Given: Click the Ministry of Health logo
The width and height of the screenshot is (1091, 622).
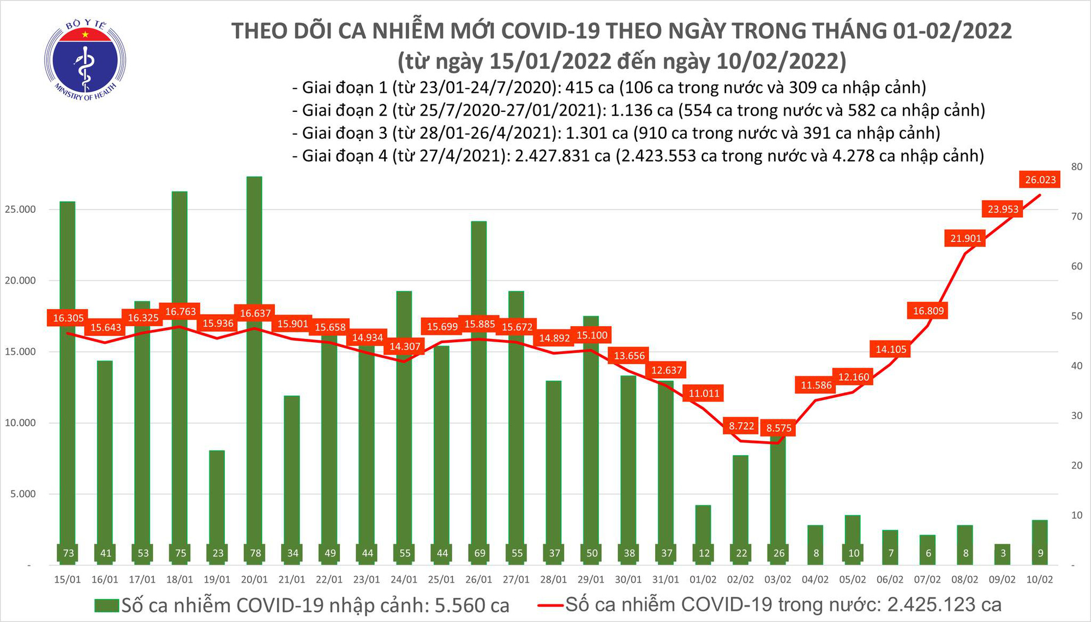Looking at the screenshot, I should [85, 60].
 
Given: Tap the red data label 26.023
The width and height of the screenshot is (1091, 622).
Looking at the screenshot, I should [1040, 180].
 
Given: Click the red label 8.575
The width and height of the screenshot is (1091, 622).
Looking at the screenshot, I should [778, 428].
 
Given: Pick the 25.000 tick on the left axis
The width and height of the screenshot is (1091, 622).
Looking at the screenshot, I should [20, 210].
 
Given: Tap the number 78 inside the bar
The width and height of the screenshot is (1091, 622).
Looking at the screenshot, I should [255, 553].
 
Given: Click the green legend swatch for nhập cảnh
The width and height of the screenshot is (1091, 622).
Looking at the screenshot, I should [106, 606].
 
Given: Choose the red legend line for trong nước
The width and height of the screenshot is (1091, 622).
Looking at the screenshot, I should [550, 605].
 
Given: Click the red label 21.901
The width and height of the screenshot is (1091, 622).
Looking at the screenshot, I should [966, 238].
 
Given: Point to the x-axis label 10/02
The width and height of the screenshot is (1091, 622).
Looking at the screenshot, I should [1040, 579].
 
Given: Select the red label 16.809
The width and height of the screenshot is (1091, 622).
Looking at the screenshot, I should [928, 311].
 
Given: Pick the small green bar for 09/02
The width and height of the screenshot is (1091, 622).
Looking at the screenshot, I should [1002, 553].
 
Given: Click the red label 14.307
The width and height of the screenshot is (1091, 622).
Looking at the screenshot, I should [405, 346].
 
